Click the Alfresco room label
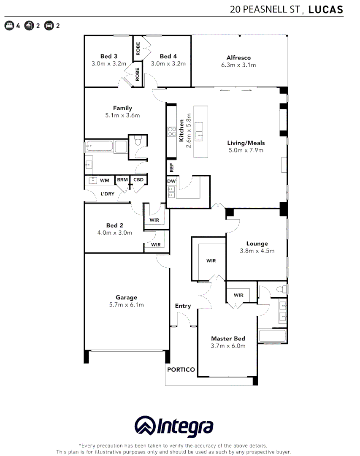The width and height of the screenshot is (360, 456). pos(238,58)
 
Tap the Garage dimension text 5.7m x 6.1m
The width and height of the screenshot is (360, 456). pos(127,305)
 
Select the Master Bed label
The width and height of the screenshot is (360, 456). pos(228,339)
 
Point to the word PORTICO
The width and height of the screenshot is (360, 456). pos(181,369)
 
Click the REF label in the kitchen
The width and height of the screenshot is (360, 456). pos(171,167)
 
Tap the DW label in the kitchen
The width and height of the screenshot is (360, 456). pos(171,181)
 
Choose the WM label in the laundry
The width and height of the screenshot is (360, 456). pos(104,180)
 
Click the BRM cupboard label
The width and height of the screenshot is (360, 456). pos(122,180)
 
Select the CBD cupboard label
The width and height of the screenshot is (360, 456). pos(138,180)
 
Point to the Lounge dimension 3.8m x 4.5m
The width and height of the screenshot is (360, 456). pos(257,251)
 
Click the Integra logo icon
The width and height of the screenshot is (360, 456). pos(145,426)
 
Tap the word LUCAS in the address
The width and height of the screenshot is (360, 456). pos(326,10)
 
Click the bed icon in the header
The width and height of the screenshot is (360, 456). pos(9,26)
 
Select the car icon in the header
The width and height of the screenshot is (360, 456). pos(49,26)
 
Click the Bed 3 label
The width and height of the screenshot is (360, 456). pos(109,56)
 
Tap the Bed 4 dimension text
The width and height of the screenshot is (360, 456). pos(168,64)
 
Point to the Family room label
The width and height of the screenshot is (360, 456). pos(122,108)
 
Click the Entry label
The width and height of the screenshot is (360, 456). pos(183,306)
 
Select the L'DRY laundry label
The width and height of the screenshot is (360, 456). pos(107,194)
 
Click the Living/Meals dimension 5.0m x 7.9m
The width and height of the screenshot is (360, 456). pos(245,150)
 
